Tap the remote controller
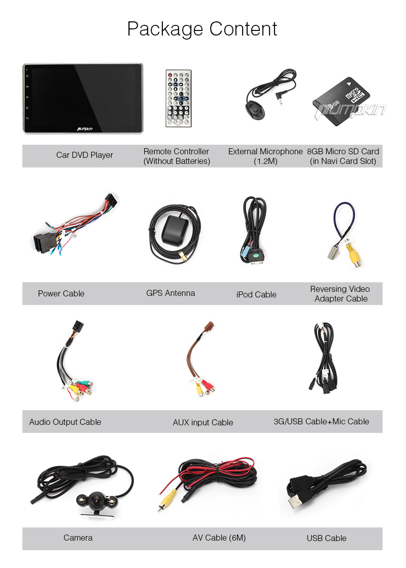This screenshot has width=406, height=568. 179,98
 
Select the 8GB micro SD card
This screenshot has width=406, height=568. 341,101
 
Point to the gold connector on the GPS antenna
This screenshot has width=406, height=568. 183,257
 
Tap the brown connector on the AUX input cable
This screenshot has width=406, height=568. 210,325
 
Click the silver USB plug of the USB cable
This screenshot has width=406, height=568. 296,502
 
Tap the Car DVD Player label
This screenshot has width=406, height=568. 84,155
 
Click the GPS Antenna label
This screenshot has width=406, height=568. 171,293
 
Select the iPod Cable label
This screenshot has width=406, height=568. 256,294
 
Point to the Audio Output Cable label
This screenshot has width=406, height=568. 65,422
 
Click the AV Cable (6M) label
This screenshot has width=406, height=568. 219,538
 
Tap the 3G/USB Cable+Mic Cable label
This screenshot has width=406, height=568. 321,422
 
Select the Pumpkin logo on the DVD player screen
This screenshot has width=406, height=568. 85,128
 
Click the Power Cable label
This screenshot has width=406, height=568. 61,293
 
